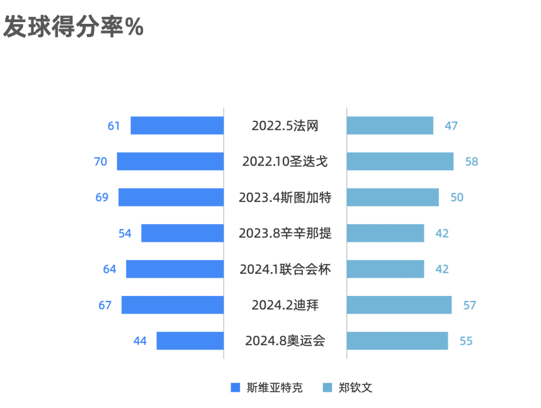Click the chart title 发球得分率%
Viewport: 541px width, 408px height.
click(74, 27)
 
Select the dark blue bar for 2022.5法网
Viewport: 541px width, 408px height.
click(177, 126)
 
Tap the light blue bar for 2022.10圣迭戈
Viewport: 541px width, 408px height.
click(400, 161)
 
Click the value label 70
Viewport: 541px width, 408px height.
click(101, 161)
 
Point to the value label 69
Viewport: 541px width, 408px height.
click(102, 198)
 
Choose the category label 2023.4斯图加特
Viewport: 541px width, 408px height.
click(285, 198)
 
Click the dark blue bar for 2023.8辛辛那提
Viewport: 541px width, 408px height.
click(182, 233)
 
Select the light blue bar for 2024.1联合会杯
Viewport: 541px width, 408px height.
click(385, 269)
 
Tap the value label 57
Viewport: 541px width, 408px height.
click(470, 305)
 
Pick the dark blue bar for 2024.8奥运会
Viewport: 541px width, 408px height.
click(190, 341)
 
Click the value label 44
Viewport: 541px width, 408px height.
click(140, 341)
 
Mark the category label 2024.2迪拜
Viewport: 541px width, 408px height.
click(285, 305)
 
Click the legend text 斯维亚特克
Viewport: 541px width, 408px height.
click(274, 387)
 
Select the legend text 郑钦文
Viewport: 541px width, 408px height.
click(355, 387)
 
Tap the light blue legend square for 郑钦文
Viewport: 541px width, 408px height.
click(327, 387)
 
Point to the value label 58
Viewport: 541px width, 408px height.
click(472, 161)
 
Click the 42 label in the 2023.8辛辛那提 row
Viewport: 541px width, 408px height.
click(442, 233)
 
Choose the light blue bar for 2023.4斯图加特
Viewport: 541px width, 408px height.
click(393, 198)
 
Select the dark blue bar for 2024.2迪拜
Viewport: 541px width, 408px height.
click(172, 305)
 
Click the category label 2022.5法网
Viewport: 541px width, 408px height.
click(285, 126)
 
